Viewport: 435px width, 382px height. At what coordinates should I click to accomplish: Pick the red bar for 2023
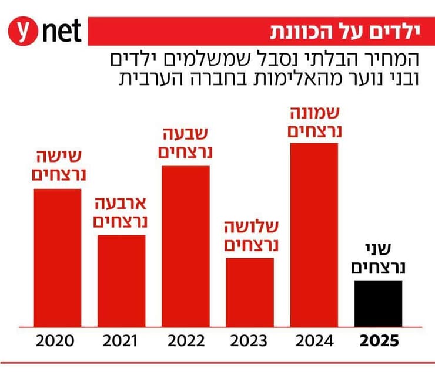250,292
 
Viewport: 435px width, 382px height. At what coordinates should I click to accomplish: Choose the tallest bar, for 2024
314,234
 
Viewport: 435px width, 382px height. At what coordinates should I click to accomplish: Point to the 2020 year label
57,341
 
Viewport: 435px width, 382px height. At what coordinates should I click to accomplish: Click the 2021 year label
121,341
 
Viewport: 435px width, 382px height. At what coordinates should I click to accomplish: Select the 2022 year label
186,341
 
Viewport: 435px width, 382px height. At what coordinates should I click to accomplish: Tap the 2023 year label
250,341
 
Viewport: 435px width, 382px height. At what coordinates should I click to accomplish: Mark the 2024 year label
314,341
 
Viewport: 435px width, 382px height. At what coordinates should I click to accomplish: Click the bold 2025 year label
379,341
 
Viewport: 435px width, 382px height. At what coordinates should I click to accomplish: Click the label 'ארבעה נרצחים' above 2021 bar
121,212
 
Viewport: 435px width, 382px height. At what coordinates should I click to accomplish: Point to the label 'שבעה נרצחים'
186,143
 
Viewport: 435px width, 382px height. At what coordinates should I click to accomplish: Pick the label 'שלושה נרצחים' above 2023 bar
250,235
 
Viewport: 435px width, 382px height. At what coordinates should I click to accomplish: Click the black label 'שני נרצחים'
379,258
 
